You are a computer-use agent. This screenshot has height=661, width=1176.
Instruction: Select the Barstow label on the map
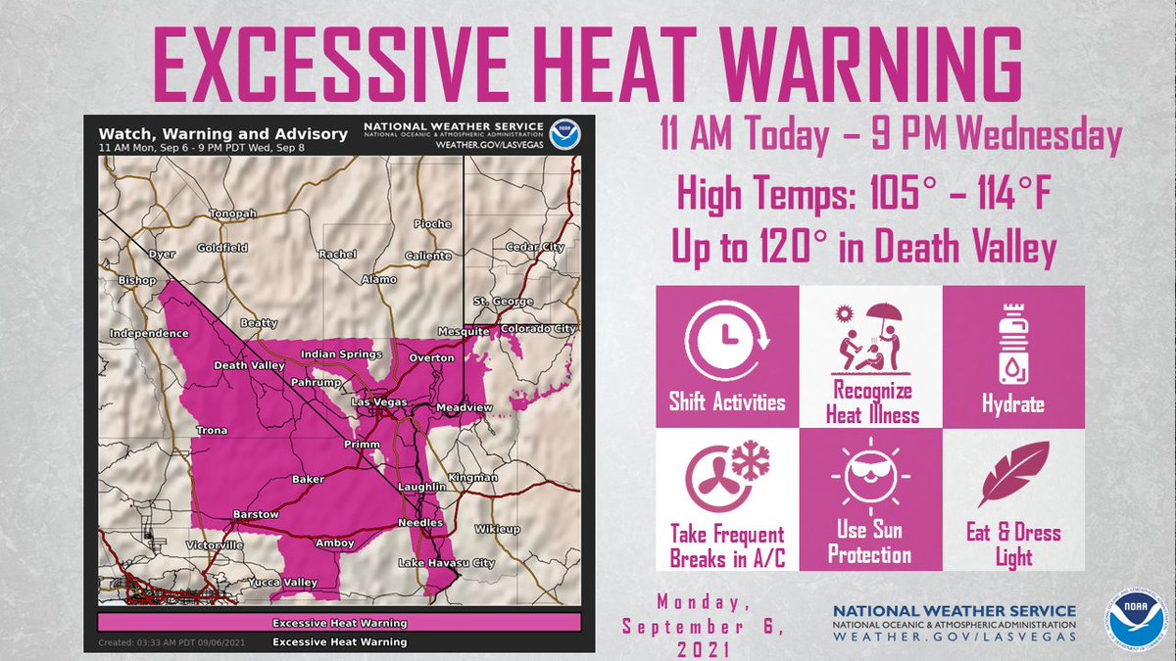pyautogui.click(x=256, y=514)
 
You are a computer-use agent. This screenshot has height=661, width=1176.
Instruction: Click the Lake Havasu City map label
pyautogui.click(x=446, y=563)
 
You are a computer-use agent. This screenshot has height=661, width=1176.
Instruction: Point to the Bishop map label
pyautogui.click(x=138, y=281)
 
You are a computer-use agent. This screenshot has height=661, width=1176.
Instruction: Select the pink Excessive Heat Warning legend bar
pyautogui.click(x=339, y=623)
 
